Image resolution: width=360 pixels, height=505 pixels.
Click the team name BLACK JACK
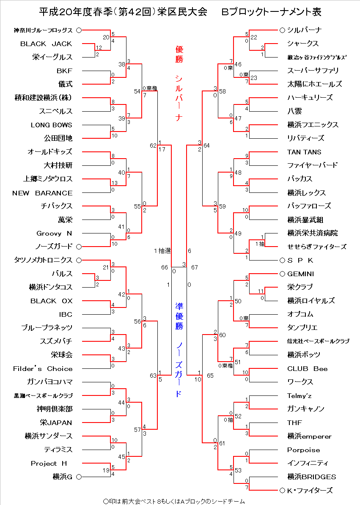(x=46, y=44)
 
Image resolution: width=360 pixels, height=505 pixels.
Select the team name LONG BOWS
(x=51, y=125)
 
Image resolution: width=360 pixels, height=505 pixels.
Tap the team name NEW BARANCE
(x=42, y=193)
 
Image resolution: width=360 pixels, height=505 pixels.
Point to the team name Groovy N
(x=54, y=233)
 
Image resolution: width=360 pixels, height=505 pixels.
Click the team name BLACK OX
(x=51, y=301)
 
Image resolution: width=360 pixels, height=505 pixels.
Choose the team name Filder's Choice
(x=43, y=368)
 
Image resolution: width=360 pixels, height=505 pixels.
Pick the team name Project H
(x=49, y=463)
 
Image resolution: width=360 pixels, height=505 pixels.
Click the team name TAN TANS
(x=304, y=152)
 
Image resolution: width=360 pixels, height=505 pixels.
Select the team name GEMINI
(x=300, y=274)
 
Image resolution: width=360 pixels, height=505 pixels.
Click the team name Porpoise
(x=303, y=450)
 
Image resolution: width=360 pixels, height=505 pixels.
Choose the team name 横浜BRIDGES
(x=312, y=477)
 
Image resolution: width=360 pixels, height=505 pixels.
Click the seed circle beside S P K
(x=282, y=260)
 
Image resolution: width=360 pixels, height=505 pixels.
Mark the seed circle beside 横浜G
(x=79, y=477)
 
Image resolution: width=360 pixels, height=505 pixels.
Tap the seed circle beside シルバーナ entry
(x=282, y=30)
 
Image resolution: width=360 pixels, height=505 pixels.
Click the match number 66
(x=165, y=267)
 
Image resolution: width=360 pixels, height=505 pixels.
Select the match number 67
(x=195, y=267)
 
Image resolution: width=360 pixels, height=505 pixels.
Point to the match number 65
(x=210, y=375)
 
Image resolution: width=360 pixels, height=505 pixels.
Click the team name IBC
(x=66, y=314)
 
